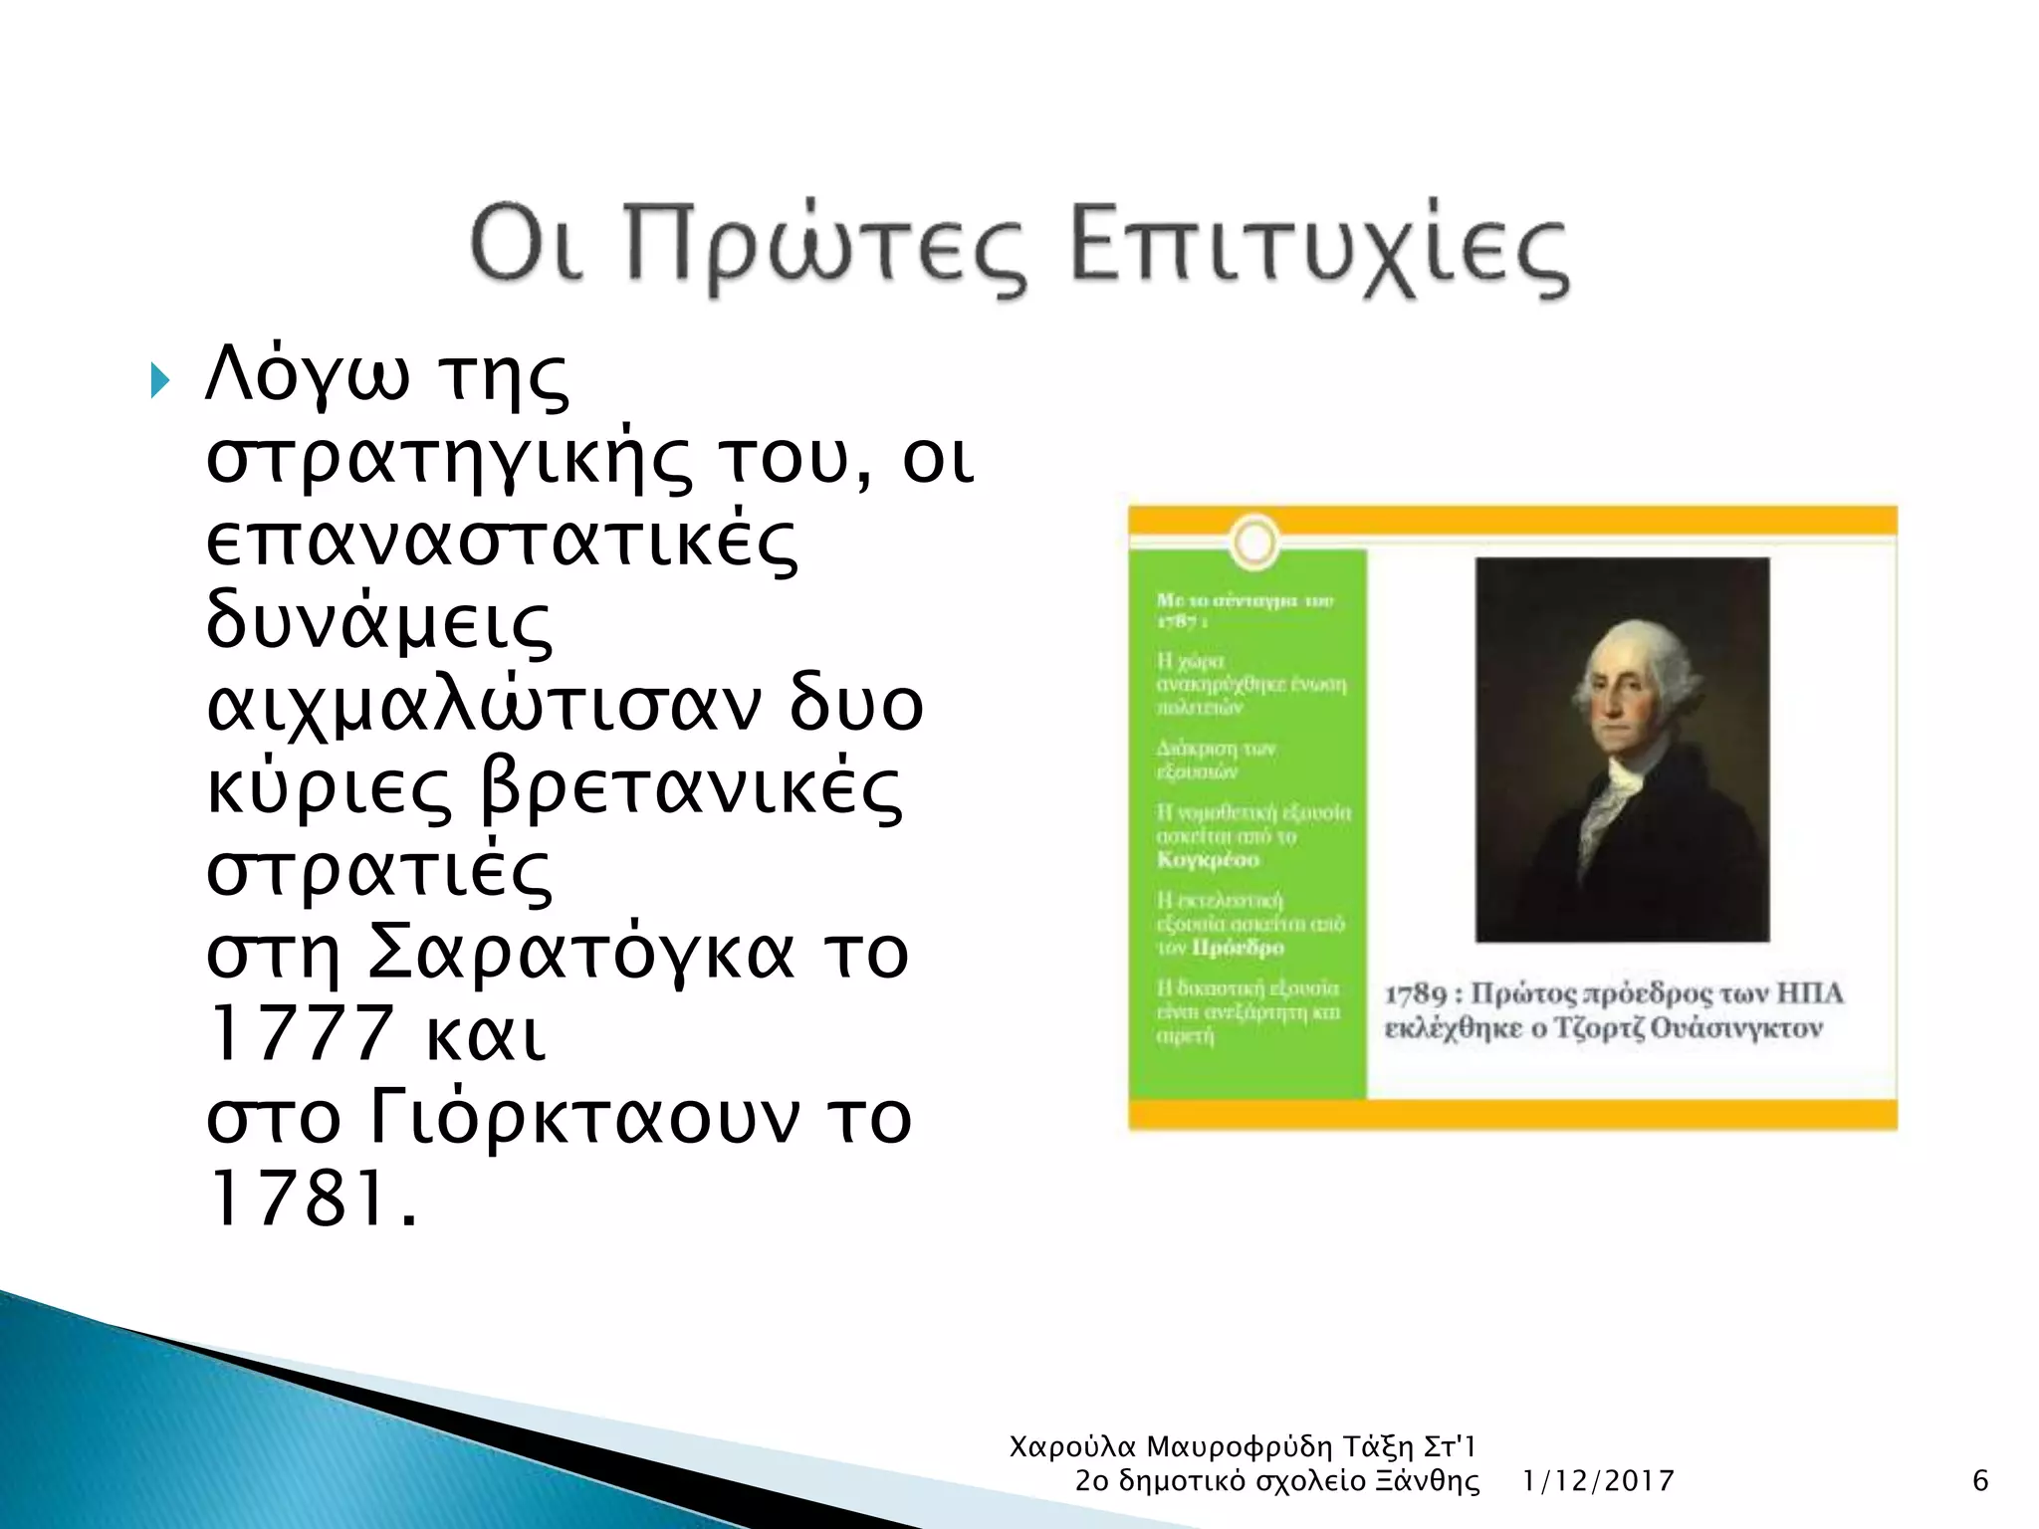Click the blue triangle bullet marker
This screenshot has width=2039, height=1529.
tap(159, 380)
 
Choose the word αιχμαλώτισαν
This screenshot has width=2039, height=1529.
tap(483, 705)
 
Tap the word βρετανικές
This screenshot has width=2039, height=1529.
tap(692, 787)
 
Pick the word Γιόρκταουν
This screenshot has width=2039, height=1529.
tap(583, 1116)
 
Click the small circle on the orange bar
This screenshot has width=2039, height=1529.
tap(1254, 543)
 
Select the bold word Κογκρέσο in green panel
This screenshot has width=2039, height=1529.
tap(1208, 859)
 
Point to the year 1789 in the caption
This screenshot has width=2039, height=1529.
tap(1415, 993)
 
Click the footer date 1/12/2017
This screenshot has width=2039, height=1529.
tap(1598, 1481)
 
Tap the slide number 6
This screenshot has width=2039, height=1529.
tap(1980, 1481)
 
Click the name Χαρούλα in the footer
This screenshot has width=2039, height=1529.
tap(1072, 1446)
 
